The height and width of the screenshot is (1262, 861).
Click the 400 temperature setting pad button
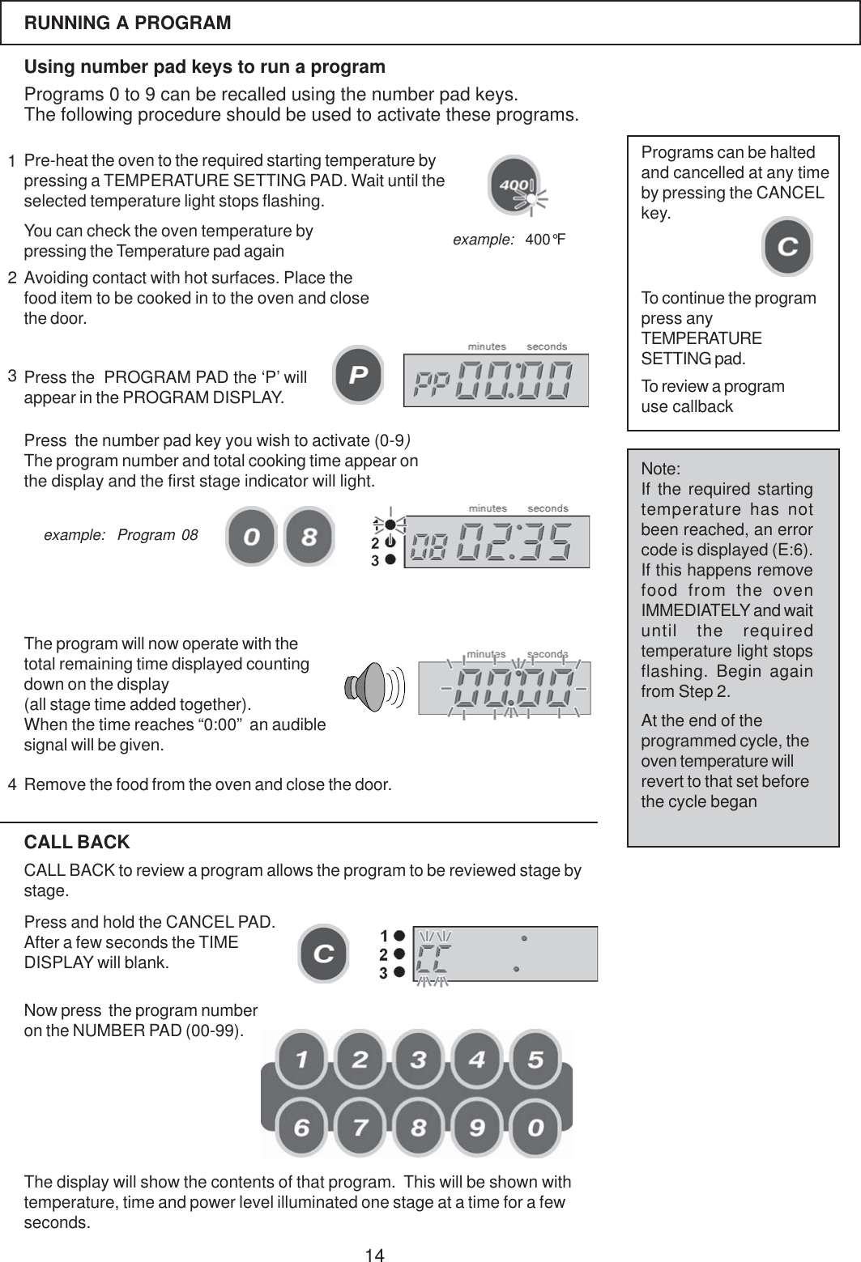[514, 185]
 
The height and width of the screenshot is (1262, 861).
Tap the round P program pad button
[358, 375]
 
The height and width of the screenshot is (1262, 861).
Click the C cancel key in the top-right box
[786, 247]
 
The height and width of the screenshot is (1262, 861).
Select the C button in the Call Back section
[323, 954]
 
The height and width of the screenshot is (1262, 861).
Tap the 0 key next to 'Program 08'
[251, 536]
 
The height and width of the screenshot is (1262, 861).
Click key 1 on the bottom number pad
[301, 1059]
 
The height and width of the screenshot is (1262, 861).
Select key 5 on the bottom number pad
[535, 1059]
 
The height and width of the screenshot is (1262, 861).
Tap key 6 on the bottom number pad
[301, 1126]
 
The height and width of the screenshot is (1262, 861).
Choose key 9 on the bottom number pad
[477, 1126]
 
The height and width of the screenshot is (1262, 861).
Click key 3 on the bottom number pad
[419, 1059]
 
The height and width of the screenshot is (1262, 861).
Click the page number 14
[373, 1255]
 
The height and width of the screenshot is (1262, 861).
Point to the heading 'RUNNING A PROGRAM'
[128, 23]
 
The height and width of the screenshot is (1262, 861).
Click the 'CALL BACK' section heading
[77, 842]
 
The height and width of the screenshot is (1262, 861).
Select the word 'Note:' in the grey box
[661, 470]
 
